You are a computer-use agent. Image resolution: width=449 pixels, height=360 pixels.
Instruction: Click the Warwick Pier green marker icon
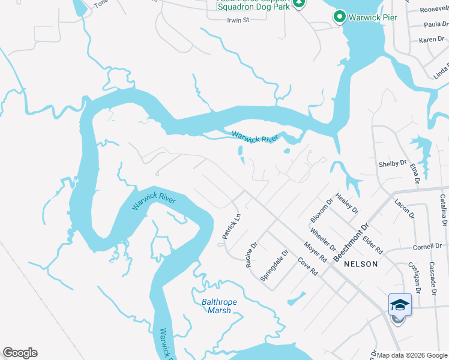coord(339,17)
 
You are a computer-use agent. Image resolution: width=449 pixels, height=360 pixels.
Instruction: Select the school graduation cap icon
coord(400,305)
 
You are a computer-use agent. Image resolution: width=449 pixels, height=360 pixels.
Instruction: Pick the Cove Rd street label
coord(307,268)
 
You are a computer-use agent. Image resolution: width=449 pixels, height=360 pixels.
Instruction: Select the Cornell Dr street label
coord(427,247)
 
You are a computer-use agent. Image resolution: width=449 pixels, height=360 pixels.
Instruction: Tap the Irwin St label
coord(237,20)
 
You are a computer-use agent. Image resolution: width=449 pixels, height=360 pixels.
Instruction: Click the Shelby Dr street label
coord(392,164)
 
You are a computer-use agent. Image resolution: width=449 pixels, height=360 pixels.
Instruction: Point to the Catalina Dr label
coord(444,211)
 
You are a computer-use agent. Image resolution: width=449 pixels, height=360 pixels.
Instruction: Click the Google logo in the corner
coord(20,353)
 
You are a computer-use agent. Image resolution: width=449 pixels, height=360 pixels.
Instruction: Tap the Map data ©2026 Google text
coord(412,355)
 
